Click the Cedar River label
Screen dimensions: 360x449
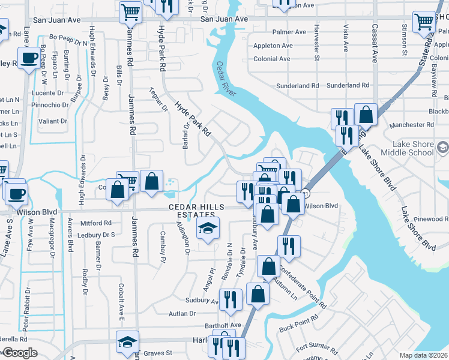(x=227, y=79)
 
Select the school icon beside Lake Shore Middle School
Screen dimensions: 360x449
(x=442, y=147)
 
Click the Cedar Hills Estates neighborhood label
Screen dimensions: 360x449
(x=191, y=211)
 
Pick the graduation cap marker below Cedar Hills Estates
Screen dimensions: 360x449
(x=208, y=229)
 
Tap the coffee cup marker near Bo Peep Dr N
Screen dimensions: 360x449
(x=28, y=58)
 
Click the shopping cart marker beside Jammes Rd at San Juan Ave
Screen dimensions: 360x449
(x=130, y=11)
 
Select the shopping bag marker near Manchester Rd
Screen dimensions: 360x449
(x=366, y=114)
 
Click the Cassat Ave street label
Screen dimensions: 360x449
(x=374, y=43)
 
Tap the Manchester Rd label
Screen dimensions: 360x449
(x=411, y=125)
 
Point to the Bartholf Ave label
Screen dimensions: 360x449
(x=222, y=325)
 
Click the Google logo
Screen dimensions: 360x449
(x=20, y=353)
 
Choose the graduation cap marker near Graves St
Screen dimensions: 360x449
(x=128, y=342)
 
